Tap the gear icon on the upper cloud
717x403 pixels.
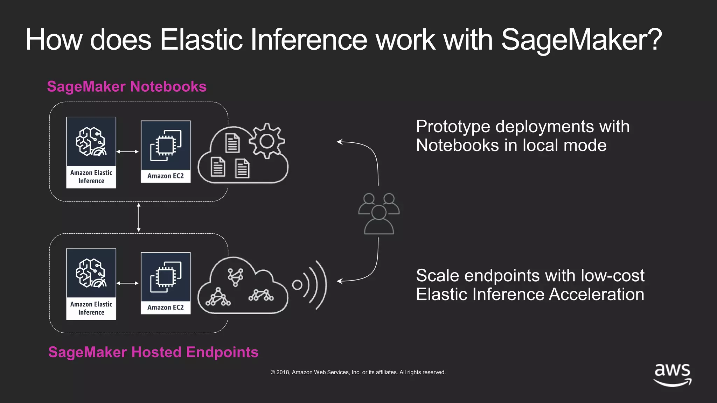(267, 141)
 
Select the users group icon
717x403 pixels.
(379, 213)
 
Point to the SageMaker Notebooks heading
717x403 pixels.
(127, 86)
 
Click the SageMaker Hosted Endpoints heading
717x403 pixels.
(153, 352)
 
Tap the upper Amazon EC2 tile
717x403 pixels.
(166, 151)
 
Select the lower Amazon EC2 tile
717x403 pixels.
(166, 283)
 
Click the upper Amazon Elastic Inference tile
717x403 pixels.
(91, 153)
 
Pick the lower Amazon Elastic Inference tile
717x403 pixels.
(91, 284)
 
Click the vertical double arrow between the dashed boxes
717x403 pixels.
(139, 218)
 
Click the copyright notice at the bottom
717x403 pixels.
(358, 372)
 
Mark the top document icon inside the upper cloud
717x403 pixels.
(232, 143)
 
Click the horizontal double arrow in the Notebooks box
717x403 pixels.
(127, 151)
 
